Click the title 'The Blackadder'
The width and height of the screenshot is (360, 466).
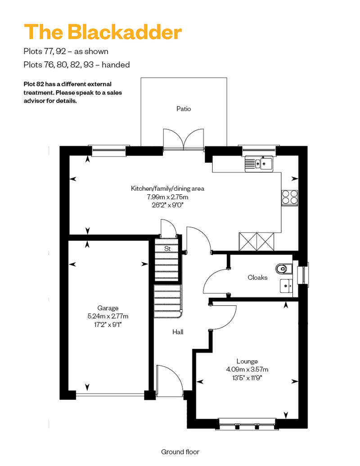103,32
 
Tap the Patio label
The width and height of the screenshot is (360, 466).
184,108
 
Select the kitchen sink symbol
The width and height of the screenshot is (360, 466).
259,164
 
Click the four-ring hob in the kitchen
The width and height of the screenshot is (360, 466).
289,197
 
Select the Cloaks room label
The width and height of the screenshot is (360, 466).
257,278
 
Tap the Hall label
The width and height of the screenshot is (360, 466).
178,332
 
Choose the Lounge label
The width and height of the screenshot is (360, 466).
247,361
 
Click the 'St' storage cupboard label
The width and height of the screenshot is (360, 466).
167,248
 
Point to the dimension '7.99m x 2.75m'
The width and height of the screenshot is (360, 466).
167,197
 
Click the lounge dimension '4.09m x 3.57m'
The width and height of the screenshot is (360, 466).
247,369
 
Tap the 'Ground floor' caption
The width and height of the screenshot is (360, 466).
180,452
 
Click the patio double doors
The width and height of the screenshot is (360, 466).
184,139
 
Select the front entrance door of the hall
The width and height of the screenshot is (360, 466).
169,382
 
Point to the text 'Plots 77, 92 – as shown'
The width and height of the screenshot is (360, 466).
66,51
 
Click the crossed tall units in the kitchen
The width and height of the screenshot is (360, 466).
256,242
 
